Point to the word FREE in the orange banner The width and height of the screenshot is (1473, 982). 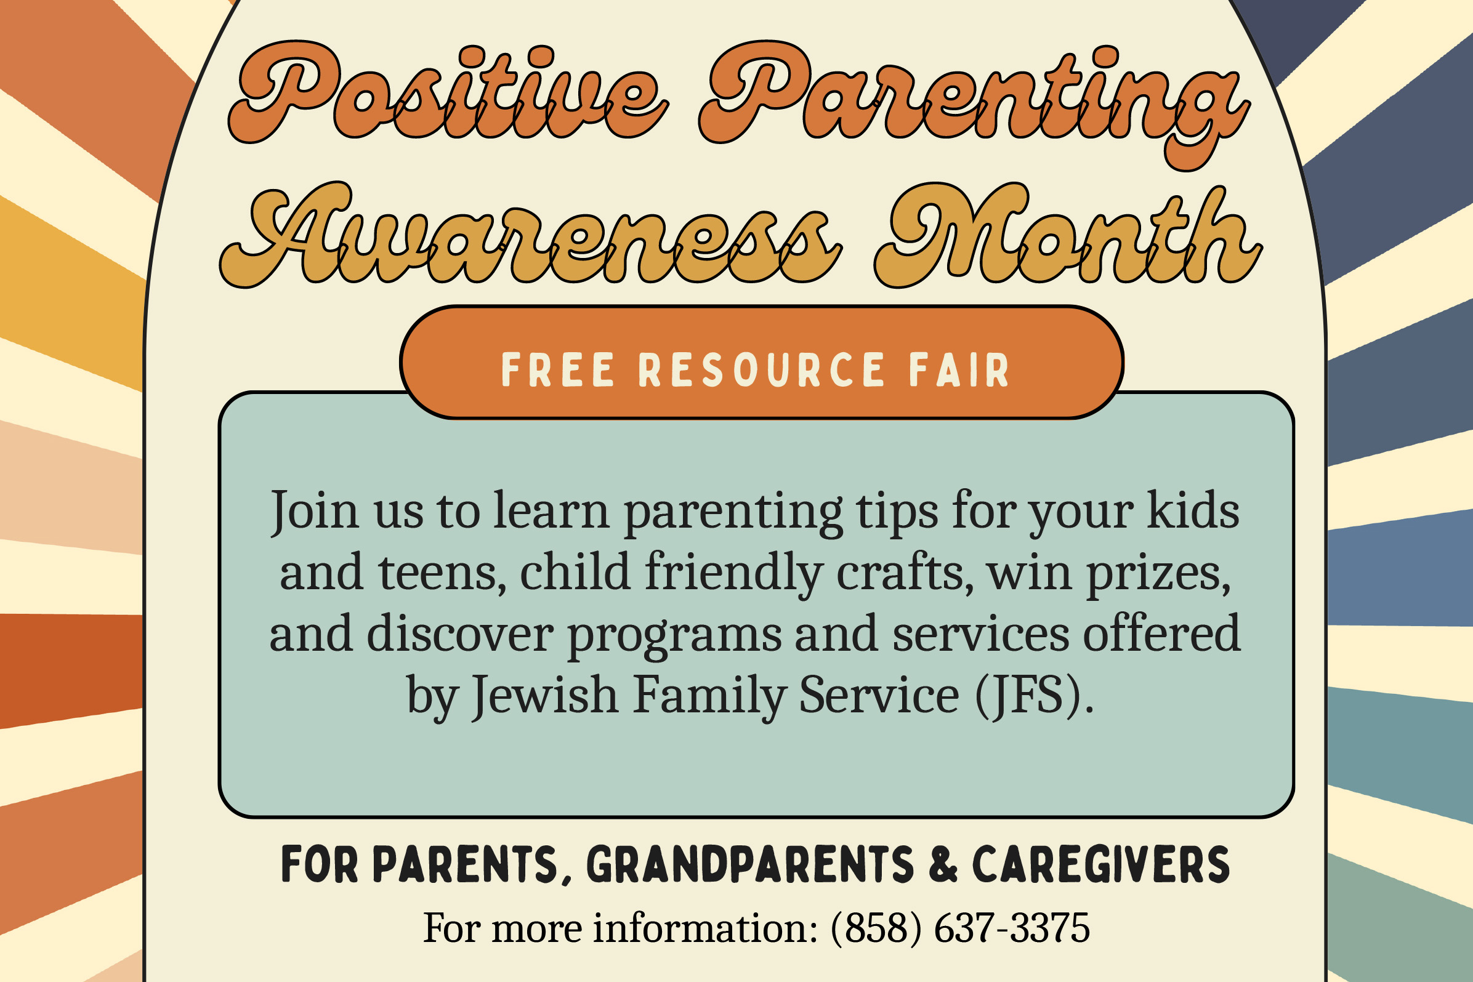point(557,370)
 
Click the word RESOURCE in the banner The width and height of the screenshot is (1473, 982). point(761,370)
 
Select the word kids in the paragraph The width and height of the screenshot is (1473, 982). point(1193,510)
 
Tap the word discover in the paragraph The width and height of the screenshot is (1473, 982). point(459,634)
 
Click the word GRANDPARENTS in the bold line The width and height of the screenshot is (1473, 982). point(749,864)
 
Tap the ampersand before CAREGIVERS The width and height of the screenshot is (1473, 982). point(943,864)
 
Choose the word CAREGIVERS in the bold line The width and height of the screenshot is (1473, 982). point(1101,864)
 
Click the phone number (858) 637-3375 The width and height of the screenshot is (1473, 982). point(960,928)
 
